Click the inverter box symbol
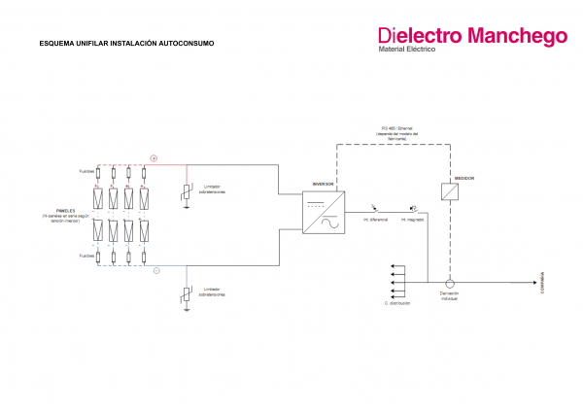(x=322, y=213)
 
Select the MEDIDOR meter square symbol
(x=450, y=192)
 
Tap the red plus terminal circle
(x=154, y=156)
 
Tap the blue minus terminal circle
(x=155, y=269)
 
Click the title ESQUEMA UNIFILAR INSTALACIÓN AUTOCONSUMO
(x=125, y=44)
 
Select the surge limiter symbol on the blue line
(x=187, y=295)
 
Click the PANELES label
(x=66, y=207)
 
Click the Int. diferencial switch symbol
(x=375, y=209)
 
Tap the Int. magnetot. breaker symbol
(x=413, y=209)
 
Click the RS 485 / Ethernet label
(x=396, y=127)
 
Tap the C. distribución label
(x=399, y=304)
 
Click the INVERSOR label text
(x=322, y=183)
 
